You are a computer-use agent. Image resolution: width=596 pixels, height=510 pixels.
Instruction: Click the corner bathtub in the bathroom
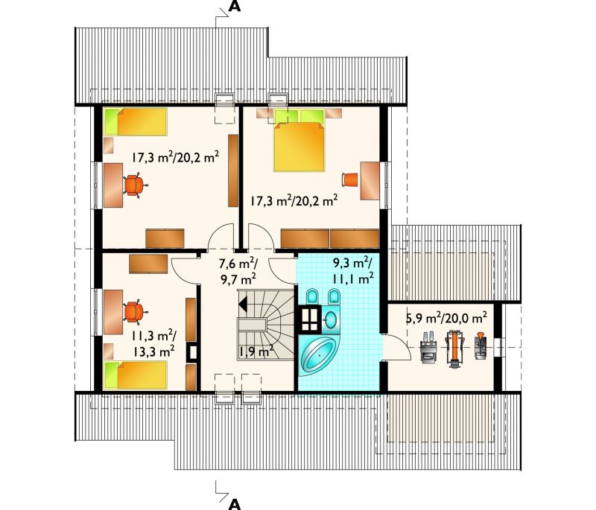tap(318, 355)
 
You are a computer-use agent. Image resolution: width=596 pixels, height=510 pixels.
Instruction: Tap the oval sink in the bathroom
tap(331, 319)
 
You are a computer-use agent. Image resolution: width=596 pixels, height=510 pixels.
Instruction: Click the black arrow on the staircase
tap(242, 304)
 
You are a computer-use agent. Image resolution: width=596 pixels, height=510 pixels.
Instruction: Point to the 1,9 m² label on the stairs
tap(256, 351)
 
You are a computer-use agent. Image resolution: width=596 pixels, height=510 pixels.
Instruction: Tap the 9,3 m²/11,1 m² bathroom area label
tap(352, 271)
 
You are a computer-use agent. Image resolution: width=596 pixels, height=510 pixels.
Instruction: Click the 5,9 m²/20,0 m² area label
tap(446, 318)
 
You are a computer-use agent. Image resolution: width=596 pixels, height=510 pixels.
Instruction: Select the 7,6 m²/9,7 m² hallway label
tap(238, 271)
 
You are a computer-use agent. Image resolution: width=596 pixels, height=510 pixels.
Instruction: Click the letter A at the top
tap(235, 6)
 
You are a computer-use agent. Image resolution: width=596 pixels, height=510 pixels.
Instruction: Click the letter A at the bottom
tap(235, 504)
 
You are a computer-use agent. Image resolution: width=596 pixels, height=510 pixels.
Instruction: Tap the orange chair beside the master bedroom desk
tap(350, 179)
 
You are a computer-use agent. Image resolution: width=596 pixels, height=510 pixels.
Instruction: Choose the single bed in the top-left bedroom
tap(136, 121)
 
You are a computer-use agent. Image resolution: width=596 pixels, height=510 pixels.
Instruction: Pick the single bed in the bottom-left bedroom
tap(136, 375)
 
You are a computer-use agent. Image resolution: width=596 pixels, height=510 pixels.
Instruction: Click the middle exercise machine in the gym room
tap(453, 348)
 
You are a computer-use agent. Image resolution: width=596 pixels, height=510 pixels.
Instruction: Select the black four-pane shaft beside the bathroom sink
tap(311, 318)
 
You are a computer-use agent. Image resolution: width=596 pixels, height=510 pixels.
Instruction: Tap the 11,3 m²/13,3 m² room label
tap(153, 343)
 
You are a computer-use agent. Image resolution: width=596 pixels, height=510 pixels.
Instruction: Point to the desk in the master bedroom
tap(370, 181)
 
